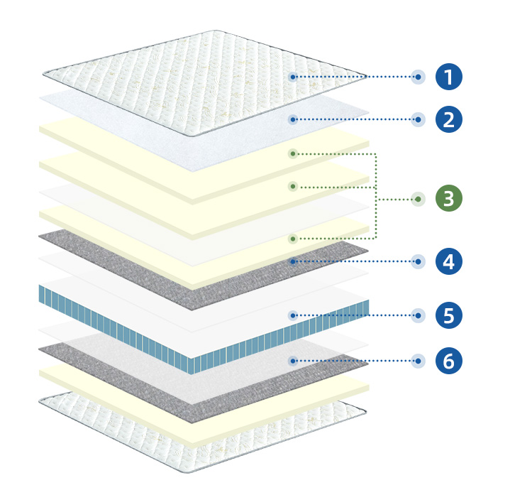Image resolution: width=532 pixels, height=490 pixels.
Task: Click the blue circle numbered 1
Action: click(448, 77)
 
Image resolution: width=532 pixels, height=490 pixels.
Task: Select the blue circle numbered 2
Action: click(448, 119)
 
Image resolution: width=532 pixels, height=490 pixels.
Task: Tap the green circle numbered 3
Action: click(448, 198)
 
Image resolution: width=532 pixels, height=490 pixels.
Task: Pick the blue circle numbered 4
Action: click(448, 261)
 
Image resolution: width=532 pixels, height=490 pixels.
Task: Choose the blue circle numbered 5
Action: click(448, 315)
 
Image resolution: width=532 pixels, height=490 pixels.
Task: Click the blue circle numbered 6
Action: click(448, 361)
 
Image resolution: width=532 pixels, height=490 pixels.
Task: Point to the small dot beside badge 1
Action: click(418, 77)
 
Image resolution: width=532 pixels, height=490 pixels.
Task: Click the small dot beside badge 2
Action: click(418, 119)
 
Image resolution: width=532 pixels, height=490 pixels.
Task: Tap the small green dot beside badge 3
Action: click(418, 199)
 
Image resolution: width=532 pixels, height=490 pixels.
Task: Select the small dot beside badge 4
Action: click(418, 261)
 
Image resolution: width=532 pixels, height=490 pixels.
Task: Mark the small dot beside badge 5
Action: click(418, 315)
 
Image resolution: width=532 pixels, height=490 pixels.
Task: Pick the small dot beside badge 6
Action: click(418, 361)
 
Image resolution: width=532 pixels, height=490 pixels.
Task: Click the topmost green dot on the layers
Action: click(293, 154)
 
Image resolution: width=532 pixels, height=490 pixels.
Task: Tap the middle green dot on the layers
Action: click(293, 187)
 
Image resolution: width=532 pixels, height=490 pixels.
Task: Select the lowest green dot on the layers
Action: click(293, 239)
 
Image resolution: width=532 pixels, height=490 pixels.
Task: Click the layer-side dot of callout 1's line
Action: click(293, 77)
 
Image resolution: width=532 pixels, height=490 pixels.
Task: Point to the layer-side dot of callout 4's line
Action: click(293, 261)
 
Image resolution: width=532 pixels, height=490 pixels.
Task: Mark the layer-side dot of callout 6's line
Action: click(293, 361)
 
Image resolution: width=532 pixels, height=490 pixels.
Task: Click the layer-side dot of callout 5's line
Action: click(293, 315)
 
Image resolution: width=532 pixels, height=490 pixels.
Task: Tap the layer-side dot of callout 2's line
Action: click(293, 119)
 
